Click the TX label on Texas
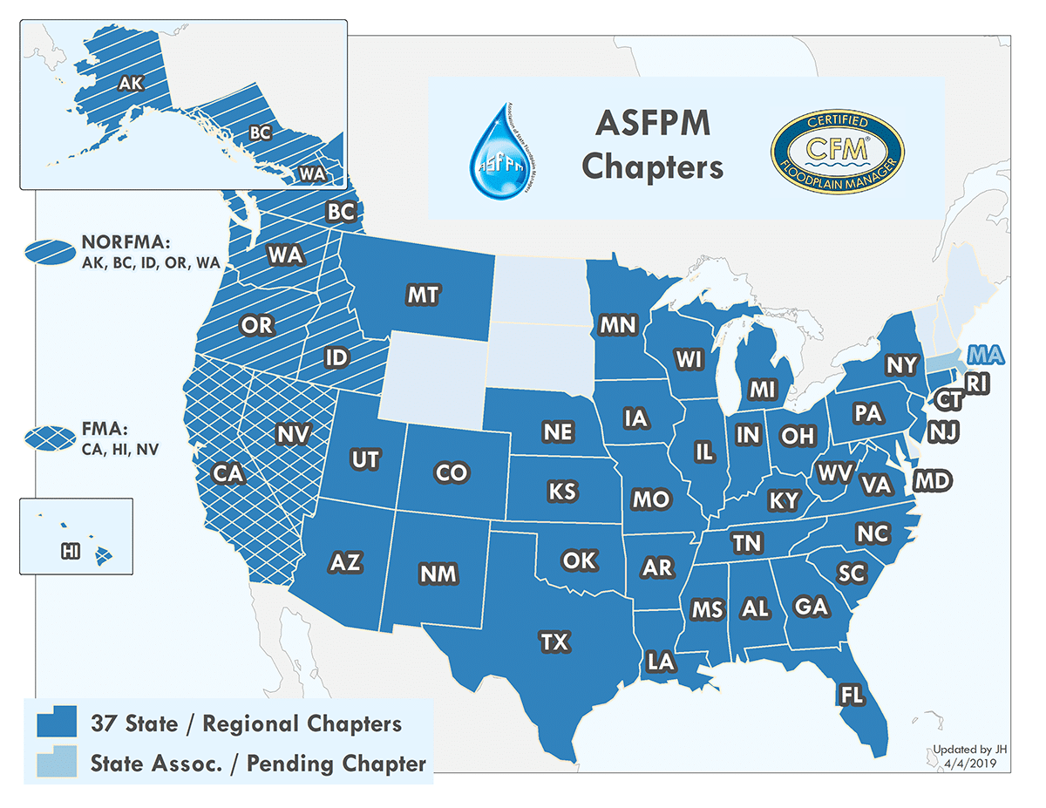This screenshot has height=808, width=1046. click(x=554, y=643)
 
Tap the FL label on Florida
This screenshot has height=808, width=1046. click(x=849, y=695)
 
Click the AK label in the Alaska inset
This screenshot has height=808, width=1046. click(x=129, y=84)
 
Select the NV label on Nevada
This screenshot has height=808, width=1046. click(x=293, y=433)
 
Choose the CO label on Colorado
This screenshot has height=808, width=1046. click(x=452, y=473)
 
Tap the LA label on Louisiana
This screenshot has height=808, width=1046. click(x=661, y=662)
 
